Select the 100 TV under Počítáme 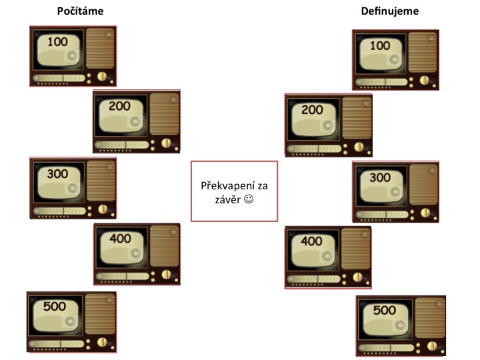(73, 56)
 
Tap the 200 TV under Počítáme (136, 121)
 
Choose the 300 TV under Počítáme (73, 187)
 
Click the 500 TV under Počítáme (71, 322)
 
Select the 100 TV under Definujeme (395, 59)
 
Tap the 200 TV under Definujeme (328, 125)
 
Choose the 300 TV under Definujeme (395, 191)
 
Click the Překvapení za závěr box (234, 191)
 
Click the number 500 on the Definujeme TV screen (385, 310)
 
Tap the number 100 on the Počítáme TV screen (59, 41)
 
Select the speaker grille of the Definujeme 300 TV (424, 183)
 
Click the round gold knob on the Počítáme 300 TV (102, 209)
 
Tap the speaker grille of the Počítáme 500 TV (100, 315)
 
